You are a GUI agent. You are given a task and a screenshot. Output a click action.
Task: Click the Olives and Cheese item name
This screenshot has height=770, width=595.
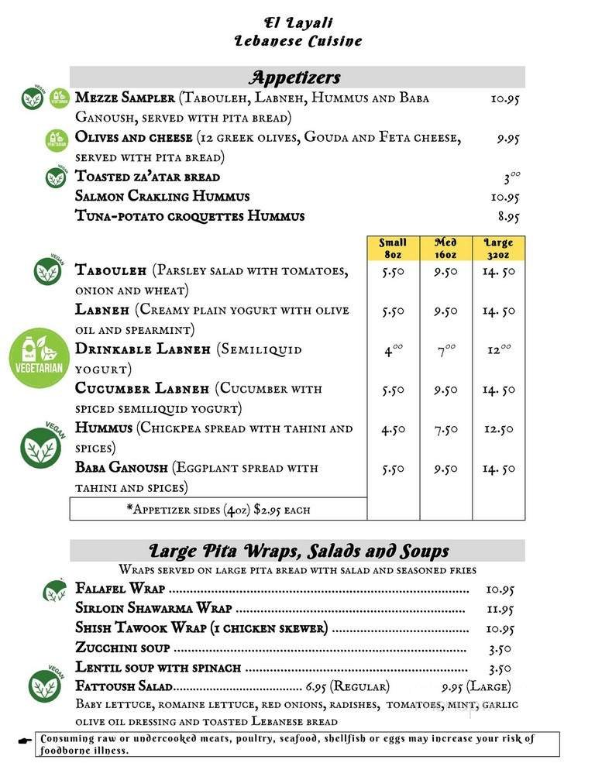click(x=134, y=138)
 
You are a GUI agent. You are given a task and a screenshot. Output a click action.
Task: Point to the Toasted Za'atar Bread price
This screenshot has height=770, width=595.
click(x=511, y=177)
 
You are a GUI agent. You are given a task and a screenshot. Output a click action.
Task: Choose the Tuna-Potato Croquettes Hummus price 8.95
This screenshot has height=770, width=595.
click(x=508, y=218)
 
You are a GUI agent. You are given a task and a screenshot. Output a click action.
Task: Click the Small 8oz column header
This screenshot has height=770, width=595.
click(x=393, y=248)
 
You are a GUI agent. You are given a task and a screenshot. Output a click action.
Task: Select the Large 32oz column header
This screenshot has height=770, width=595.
click(x=498, y=248)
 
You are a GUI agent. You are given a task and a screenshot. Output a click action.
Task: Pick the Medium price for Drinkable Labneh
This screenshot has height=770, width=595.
click(x=445, y=350)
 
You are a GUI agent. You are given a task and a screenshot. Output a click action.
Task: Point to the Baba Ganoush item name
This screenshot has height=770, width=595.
click(x=122, y=468)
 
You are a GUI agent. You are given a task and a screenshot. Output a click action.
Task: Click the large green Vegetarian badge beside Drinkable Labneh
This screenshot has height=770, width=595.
click(x=40, y=357)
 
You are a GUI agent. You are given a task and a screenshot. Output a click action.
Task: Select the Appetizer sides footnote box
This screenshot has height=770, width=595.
click(x=218, y=510)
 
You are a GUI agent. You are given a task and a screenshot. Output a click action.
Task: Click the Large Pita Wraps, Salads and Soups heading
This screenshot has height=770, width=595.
click(x=298, y=552)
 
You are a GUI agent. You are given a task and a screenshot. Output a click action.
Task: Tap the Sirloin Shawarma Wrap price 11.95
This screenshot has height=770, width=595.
click(x=500, y=610)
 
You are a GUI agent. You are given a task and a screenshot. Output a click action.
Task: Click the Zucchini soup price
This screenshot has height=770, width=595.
click(x=500, y=649)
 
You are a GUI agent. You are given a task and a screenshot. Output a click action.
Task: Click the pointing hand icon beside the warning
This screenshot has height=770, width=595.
click(x=23, y=740)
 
